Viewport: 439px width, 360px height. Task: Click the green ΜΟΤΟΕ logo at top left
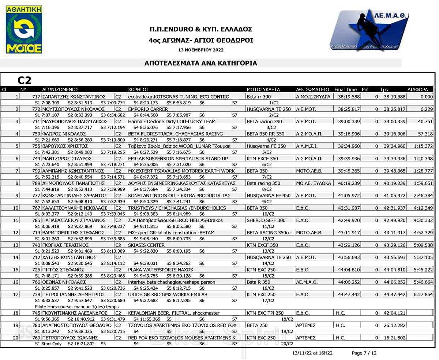[24, 30]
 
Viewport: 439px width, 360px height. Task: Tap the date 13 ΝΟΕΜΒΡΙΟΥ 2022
[201, 50]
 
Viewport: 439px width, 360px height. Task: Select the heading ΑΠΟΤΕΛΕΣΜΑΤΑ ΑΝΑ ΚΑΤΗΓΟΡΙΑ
[201, 63]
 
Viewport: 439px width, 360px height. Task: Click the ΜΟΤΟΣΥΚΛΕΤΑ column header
[263, 89]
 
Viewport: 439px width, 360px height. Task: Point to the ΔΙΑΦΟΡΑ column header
[417, 89]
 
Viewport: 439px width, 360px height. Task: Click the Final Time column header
[345, 89]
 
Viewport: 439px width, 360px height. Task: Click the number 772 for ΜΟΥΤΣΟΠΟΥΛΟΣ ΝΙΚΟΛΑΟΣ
[36, 109]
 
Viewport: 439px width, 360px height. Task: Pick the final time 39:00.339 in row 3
[349, 122]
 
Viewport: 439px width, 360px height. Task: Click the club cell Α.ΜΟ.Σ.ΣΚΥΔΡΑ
[313, 97]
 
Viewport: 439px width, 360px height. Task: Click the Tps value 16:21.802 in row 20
[395, 338]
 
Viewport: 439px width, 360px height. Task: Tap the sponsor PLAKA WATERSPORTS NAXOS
[161, 270]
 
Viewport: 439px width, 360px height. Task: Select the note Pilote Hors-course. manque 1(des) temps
[76, 306]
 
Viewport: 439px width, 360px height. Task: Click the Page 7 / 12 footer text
[364, 353]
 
